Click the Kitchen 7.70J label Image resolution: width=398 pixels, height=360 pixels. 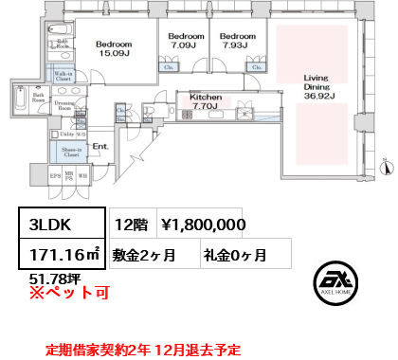click(x=206, y=101)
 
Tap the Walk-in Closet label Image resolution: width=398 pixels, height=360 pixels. click(x=63, y=78)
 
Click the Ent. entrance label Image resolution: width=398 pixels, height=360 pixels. click(x=99, y=147)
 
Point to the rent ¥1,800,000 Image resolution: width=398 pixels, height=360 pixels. click(x=203, y=225)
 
